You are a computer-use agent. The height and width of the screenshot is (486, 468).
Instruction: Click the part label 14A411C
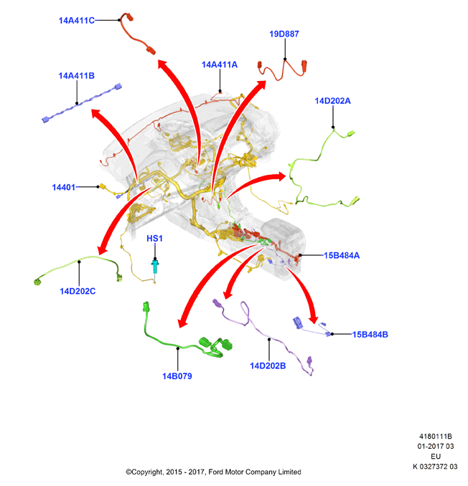(x=77, y=21)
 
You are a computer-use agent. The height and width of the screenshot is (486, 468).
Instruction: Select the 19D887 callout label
(x=284, y=34)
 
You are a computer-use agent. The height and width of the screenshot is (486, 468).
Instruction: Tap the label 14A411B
(x=77, y=76)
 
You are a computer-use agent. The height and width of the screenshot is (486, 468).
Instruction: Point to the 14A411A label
(x=220, y=65)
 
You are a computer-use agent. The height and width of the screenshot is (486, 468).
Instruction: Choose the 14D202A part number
(x=332, y=101)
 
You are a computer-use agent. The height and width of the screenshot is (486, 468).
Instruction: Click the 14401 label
(x=64, y=187)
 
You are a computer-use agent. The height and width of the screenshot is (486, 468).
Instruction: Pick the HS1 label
(x=154, y=239)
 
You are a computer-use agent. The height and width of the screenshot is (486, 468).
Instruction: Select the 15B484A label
(x=342, y=255)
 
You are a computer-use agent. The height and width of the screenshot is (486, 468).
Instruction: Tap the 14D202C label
(x=78, y=291)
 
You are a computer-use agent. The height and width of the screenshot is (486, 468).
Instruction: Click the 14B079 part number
(x=177, y=376)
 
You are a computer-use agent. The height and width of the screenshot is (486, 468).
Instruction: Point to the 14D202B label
(x=268, y=366)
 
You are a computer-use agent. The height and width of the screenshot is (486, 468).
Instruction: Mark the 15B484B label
(x=370, y=335)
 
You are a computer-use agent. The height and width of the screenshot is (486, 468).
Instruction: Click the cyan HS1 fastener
(x=155, y=267)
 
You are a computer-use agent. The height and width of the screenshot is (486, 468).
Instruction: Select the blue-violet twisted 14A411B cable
(x=82, y=103)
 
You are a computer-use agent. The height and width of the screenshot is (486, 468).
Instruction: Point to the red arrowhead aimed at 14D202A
(x=281, y=176)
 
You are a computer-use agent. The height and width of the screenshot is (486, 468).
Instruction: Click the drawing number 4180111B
(x=436, y=437)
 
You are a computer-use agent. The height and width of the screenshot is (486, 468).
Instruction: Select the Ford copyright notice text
(x=213, y=472)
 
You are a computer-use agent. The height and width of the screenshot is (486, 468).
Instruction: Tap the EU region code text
(x=436, y=456)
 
